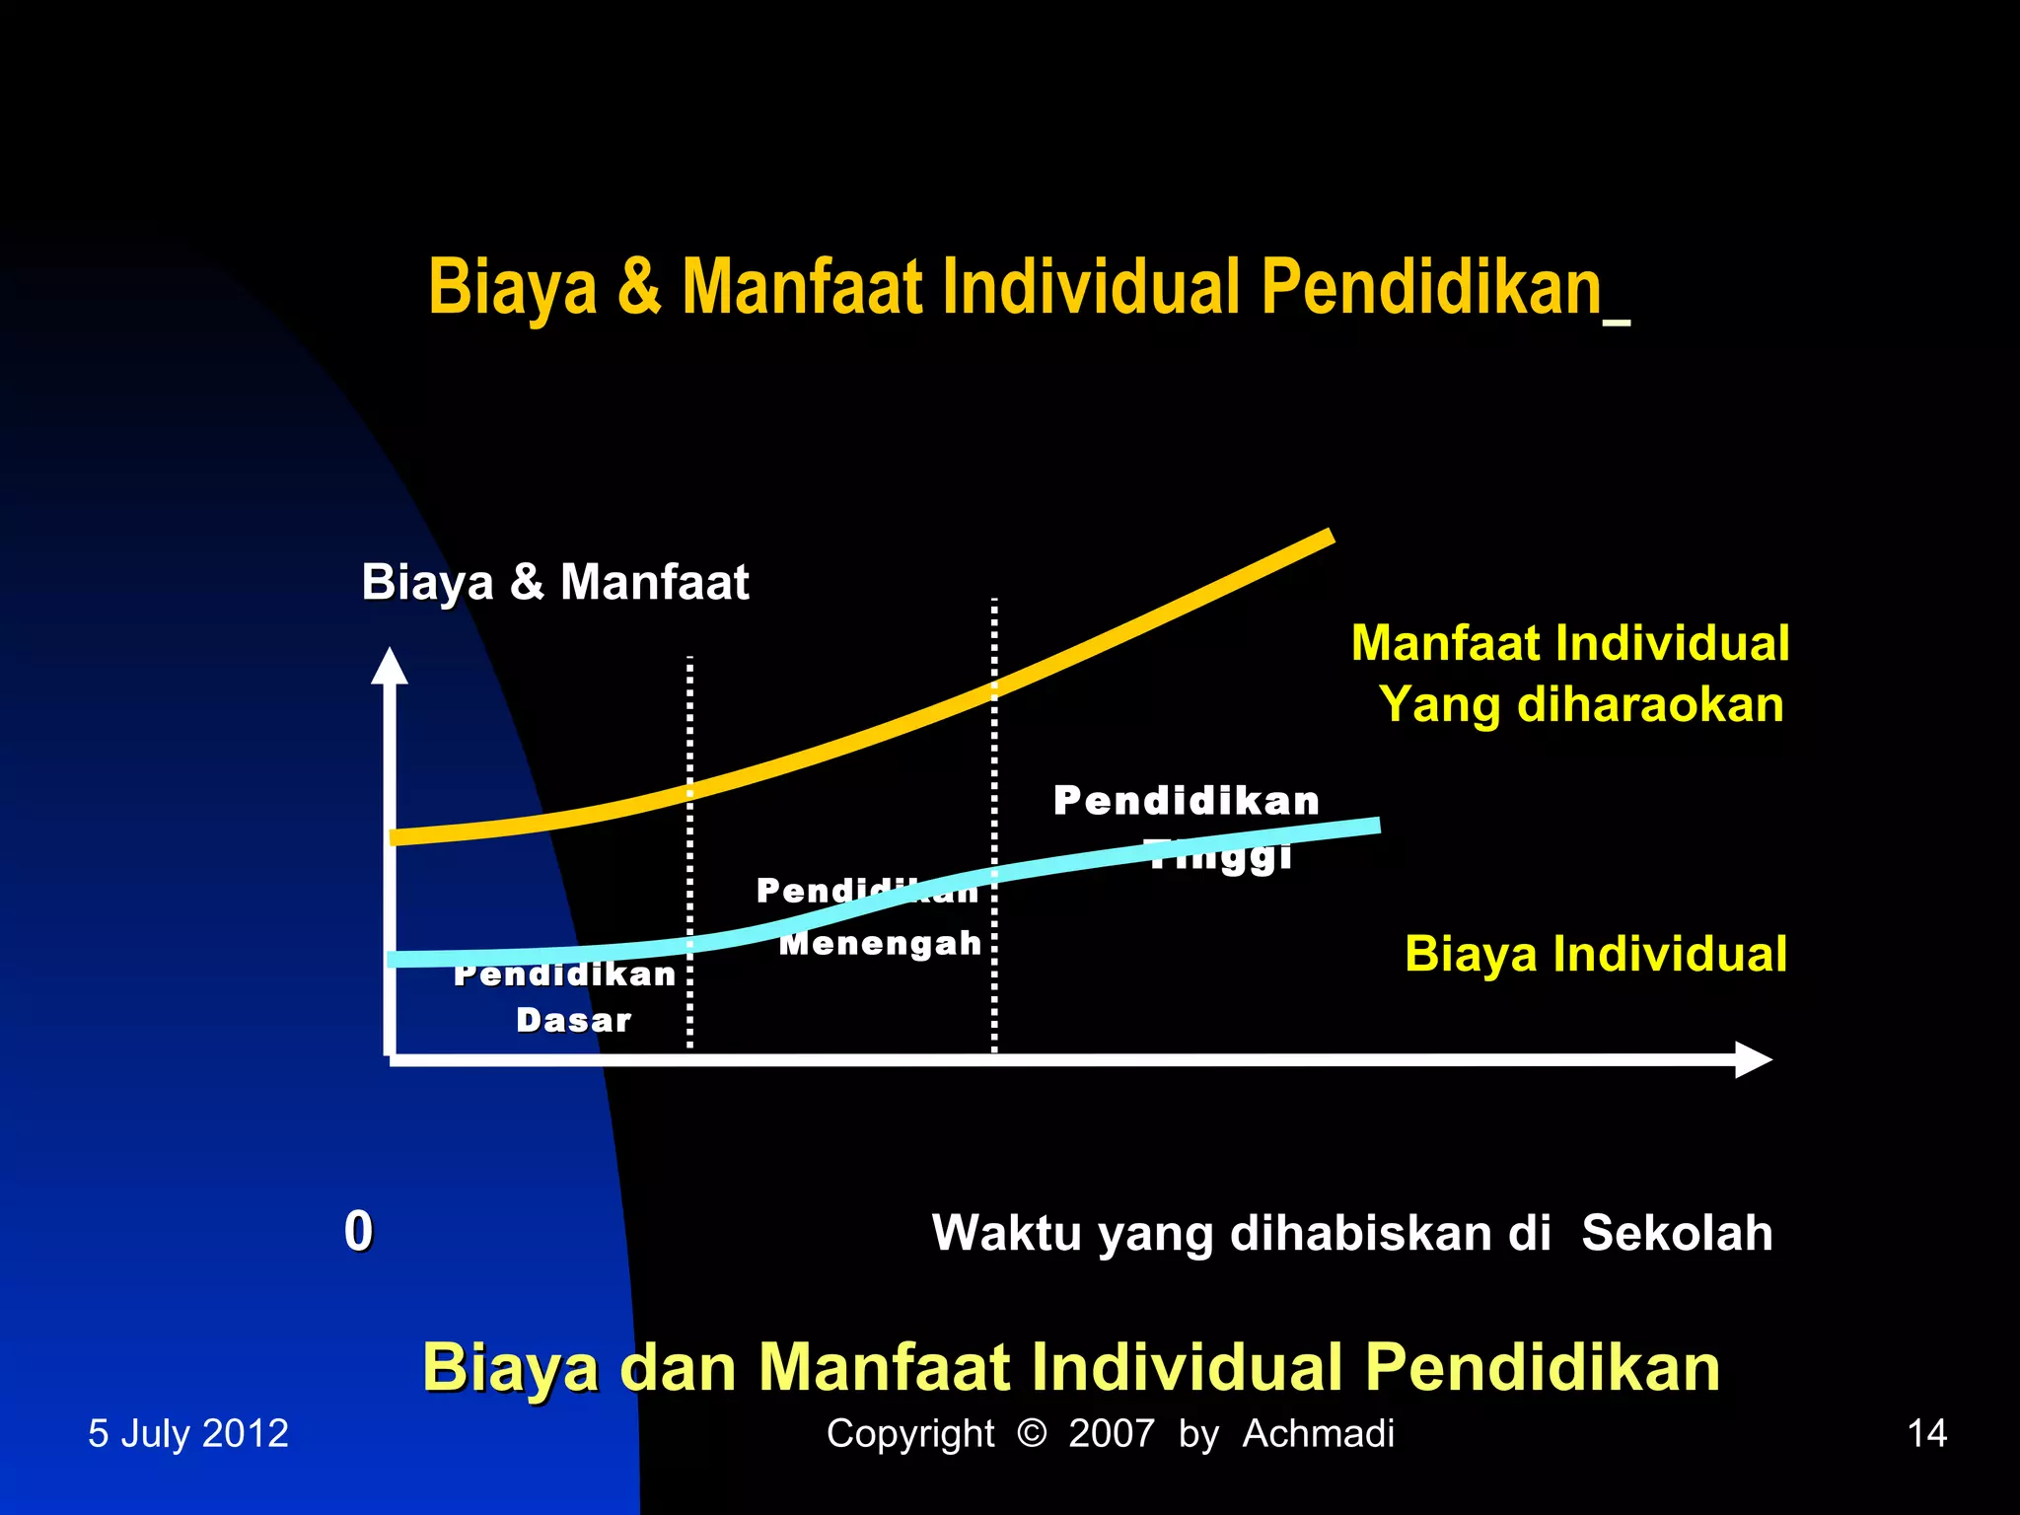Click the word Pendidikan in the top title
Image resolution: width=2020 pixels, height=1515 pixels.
tap(1431, 287)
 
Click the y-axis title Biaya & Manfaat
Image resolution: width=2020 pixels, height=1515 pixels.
tap(554, 582)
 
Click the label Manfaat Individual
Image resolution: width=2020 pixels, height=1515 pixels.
tap(1569, 643)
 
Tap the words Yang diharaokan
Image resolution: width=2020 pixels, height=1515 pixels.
tap(1581, 705)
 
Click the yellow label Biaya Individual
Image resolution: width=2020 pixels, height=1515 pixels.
tap(1595, 954)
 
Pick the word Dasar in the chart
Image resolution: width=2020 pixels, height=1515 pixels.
tap(573, 1020)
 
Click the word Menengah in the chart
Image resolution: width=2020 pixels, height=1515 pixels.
tap(880, 944)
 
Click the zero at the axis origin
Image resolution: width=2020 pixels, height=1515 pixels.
tap(358, 1231)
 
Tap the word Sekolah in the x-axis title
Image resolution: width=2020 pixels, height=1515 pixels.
tap(1676, 1233)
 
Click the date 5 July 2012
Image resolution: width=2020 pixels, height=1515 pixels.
tap(188, 1433)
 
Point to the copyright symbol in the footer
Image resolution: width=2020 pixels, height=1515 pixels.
tap(1031, 1432)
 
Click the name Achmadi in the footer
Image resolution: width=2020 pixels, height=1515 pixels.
tap(1318, 1433)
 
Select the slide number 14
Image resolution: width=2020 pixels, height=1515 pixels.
tap(1926, 1433)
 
